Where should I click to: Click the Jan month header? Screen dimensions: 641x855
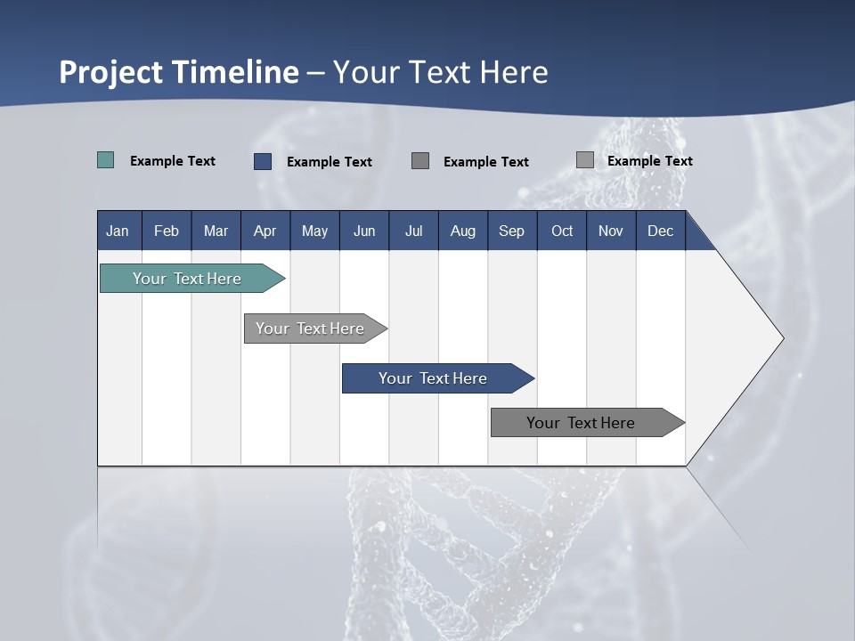click(x=118, y=231)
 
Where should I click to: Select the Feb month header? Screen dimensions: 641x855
click(x=167, y=231)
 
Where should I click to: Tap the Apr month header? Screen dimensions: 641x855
click(x=265, y=231)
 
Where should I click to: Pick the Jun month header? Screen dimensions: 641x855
click(x=364, y=231)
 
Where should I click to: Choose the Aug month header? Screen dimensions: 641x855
click(x=462, y=231)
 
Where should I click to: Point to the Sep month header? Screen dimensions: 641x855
click(x=511, y=231)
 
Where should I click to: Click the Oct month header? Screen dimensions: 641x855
click(x=562, y=231)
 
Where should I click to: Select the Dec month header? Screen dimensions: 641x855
click(x=660, y=231)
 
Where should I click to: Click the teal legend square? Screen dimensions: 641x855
click(x=105, y=160)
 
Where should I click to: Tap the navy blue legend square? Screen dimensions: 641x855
click(x=263, y=161)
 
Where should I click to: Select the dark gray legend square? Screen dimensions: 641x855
click(x=420, y=161)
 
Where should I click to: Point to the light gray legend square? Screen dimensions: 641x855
click(x=584, y=160)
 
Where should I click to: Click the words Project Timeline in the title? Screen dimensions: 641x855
click(x=179, y=72)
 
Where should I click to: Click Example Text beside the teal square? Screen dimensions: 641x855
click(x=173, y=161)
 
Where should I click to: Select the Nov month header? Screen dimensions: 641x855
click(x=611, y=231)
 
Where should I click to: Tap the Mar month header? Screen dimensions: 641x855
click(x=216, y=231)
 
